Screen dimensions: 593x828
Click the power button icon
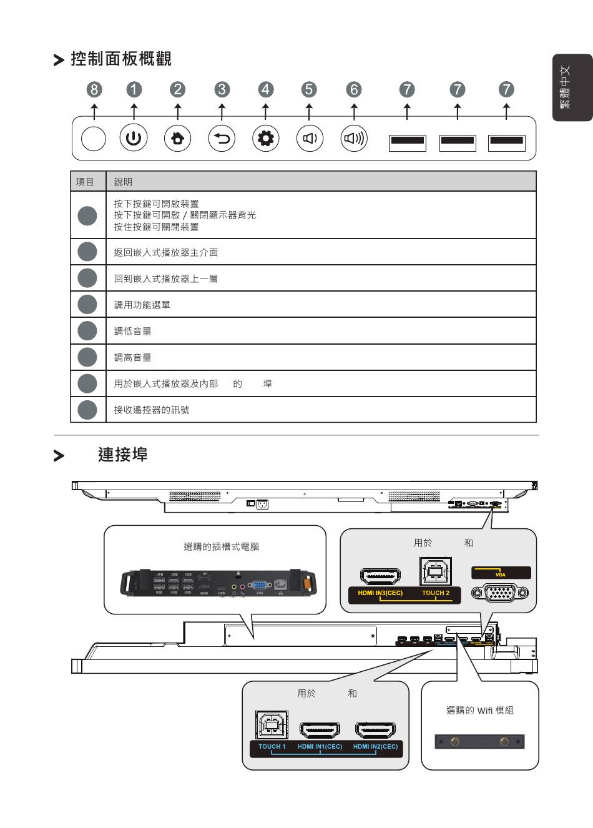(x=134, y=138)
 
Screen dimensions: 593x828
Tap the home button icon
(x=178, y=138)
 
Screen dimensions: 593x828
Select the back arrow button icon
(x=222, y=138)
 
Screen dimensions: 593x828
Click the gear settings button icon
(x=266, y=138)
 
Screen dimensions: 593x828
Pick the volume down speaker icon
(x=310, y=138)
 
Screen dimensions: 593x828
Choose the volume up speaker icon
(x=354, y=138)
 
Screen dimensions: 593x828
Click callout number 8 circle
(x=94, y=89)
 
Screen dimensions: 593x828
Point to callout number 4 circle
(x=266, y=89)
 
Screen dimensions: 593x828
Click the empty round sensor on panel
(x=94, y=138)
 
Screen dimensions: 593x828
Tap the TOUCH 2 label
(x=436, y=593)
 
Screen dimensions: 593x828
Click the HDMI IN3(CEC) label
(x=380, y=593)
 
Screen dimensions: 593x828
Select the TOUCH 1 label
(x=272, y=747)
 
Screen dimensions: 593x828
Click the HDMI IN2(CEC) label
(x=375, y=747)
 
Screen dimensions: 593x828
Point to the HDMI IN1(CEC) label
(x=320, y=747)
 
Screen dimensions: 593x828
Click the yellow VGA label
(x=501, y=574)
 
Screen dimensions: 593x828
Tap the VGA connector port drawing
(x=501, y=592)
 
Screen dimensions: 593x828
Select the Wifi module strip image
(x=479, y=742)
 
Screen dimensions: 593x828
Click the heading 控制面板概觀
(x=121, y=59)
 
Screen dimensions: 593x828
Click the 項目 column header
(x=86, y=182)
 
